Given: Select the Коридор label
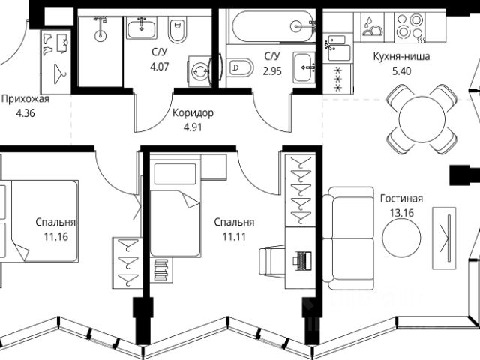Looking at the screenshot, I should coord(193,112).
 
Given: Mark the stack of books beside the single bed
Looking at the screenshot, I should coord(160,268).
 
